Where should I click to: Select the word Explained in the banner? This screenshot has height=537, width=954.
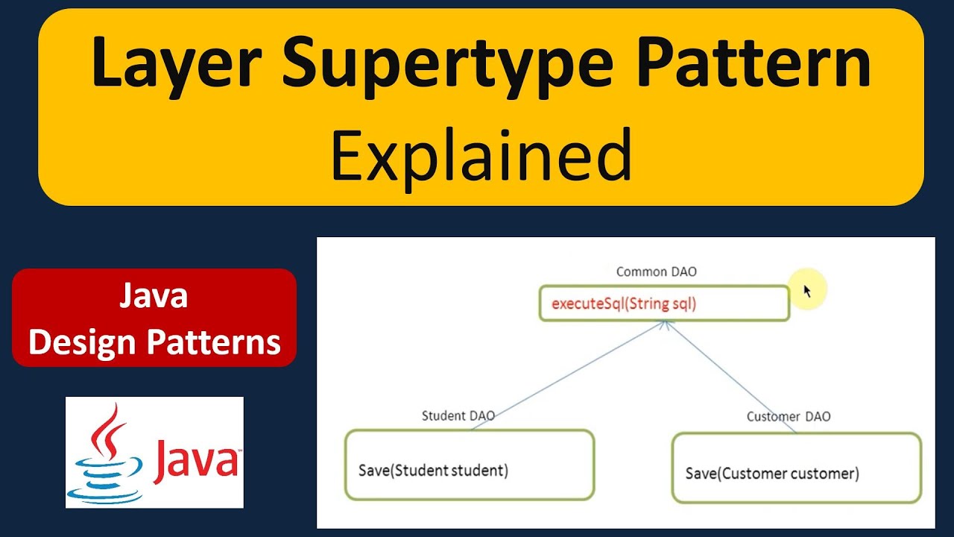pyautogui.click(x=481, y=155)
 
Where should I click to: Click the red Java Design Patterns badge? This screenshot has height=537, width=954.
pyautogui.click(x=154, y=318)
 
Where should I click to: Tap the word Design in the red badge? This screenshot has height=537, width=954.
pyautogui.click(x=82, y=342)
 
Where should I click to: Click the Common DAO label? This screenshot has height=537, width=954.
pyautogui.click(x=656, y=272)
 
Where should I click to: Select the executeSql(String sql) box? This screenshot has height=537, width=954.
pyautogui.click(x=663, y=304)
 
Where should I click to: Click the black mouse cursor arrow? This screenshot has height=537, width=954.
pyautogui.click(x=806, y=291)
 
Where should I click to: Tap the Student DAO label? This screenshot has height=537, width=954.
pyautogui.click(x=458, y=416)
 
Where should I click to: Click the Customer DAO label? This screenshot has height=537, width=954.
pyautogui.click(x=788, y=416)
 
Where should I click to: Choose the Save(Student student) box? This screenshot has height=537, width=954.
pyautogui.click(x=469, y=465)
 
